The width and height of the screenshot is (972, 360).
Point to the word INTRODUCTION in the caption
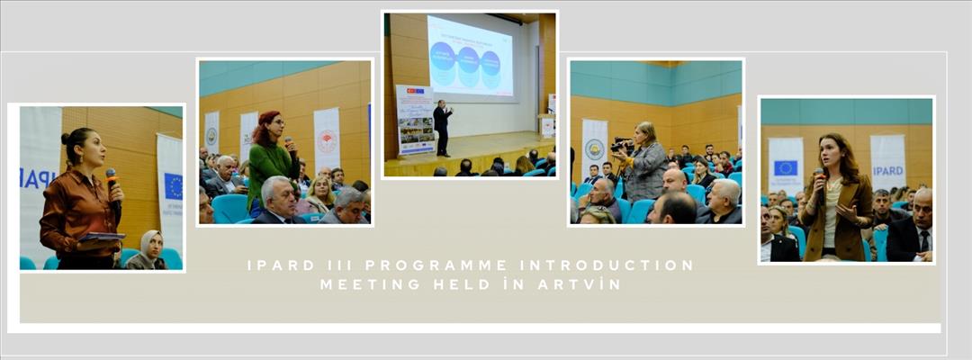(618, 265)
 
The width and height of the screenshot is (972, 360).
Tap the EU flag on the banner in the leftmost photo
(173, 185)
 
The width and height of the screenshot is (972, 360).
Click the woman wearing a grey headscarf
(148, 251)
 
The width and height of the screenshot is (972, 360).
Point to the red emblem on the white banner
(327, 141)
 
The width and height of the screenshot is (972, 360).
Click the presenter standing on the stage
(441, 127)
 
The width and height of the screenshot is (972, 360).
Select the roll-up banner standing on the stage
(414, 120)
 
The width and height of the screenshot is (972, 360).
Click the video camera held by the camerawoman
(622, 144)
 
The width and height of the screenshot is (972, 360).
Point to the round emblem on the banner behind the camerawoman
(594, 148)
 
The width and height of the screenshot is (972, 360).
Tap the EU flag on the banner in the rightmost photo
(785, 167)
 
